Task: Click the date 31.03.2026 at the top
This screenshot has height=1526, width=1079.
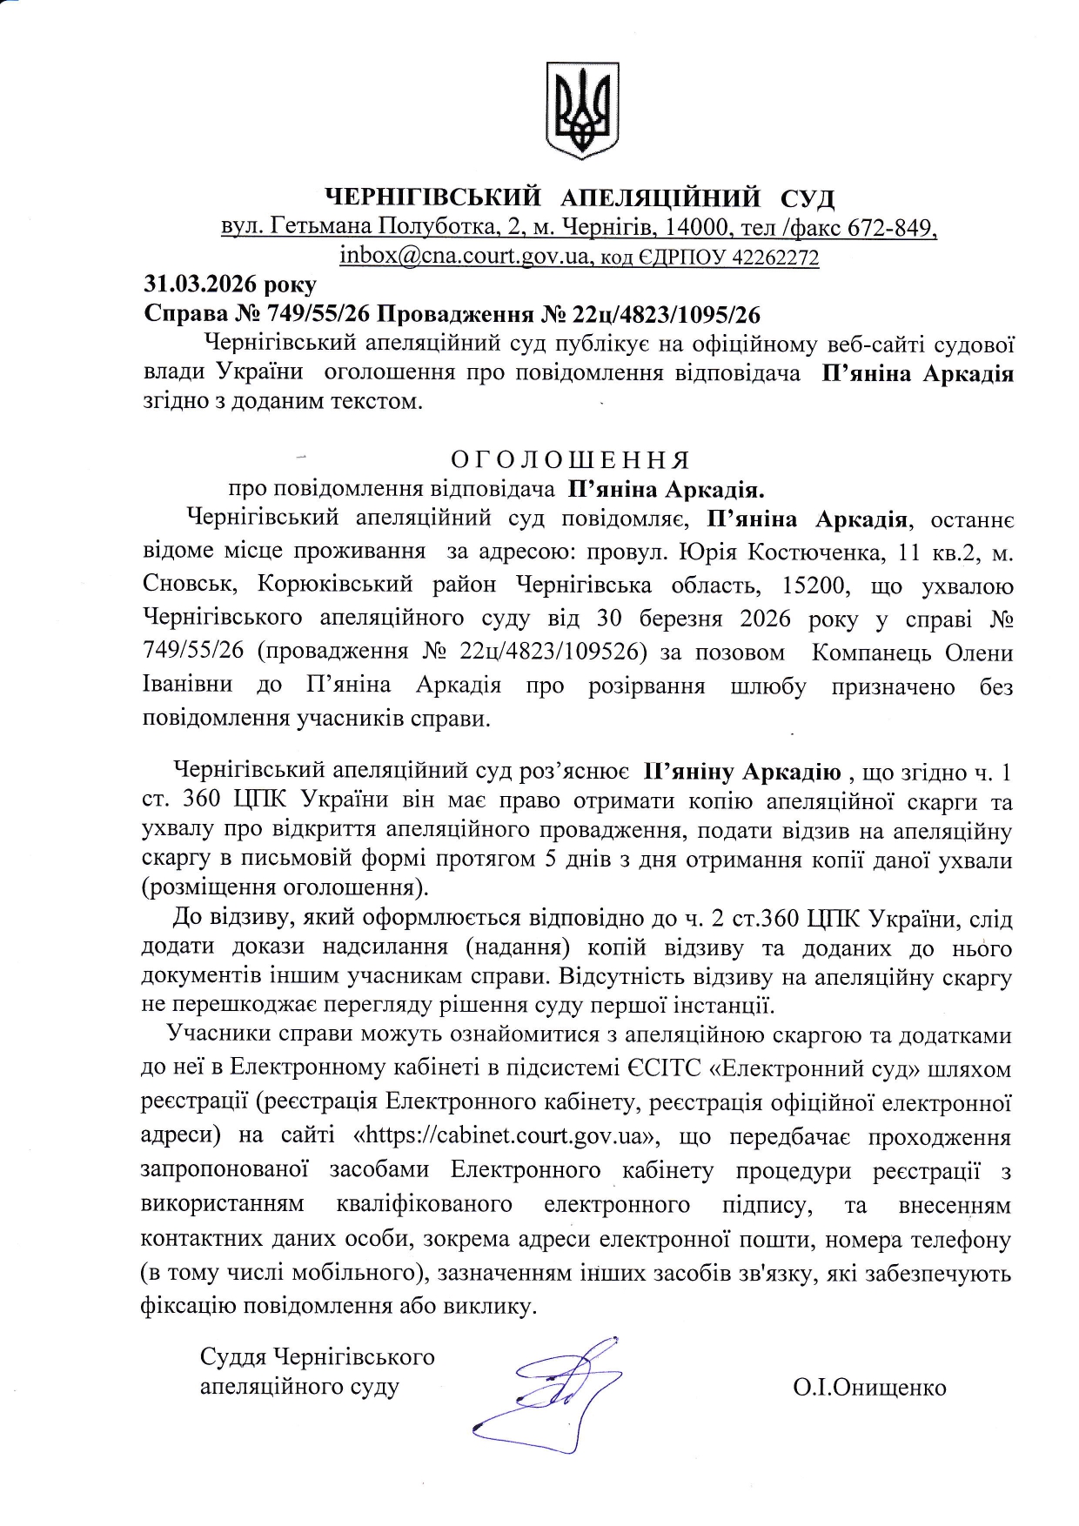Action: coord(230,284)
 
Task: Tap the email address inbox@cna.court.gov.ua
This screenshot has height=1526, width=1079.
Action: coord(464,257)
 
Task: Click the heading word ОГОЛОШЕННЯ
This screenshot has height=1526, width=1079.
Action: coord(570,459)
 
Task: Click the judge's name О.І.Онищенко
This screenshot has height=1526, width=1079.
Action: coord(869,1387)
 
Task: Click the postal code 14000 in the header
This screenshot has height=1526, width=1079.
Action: coord(696,228)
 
